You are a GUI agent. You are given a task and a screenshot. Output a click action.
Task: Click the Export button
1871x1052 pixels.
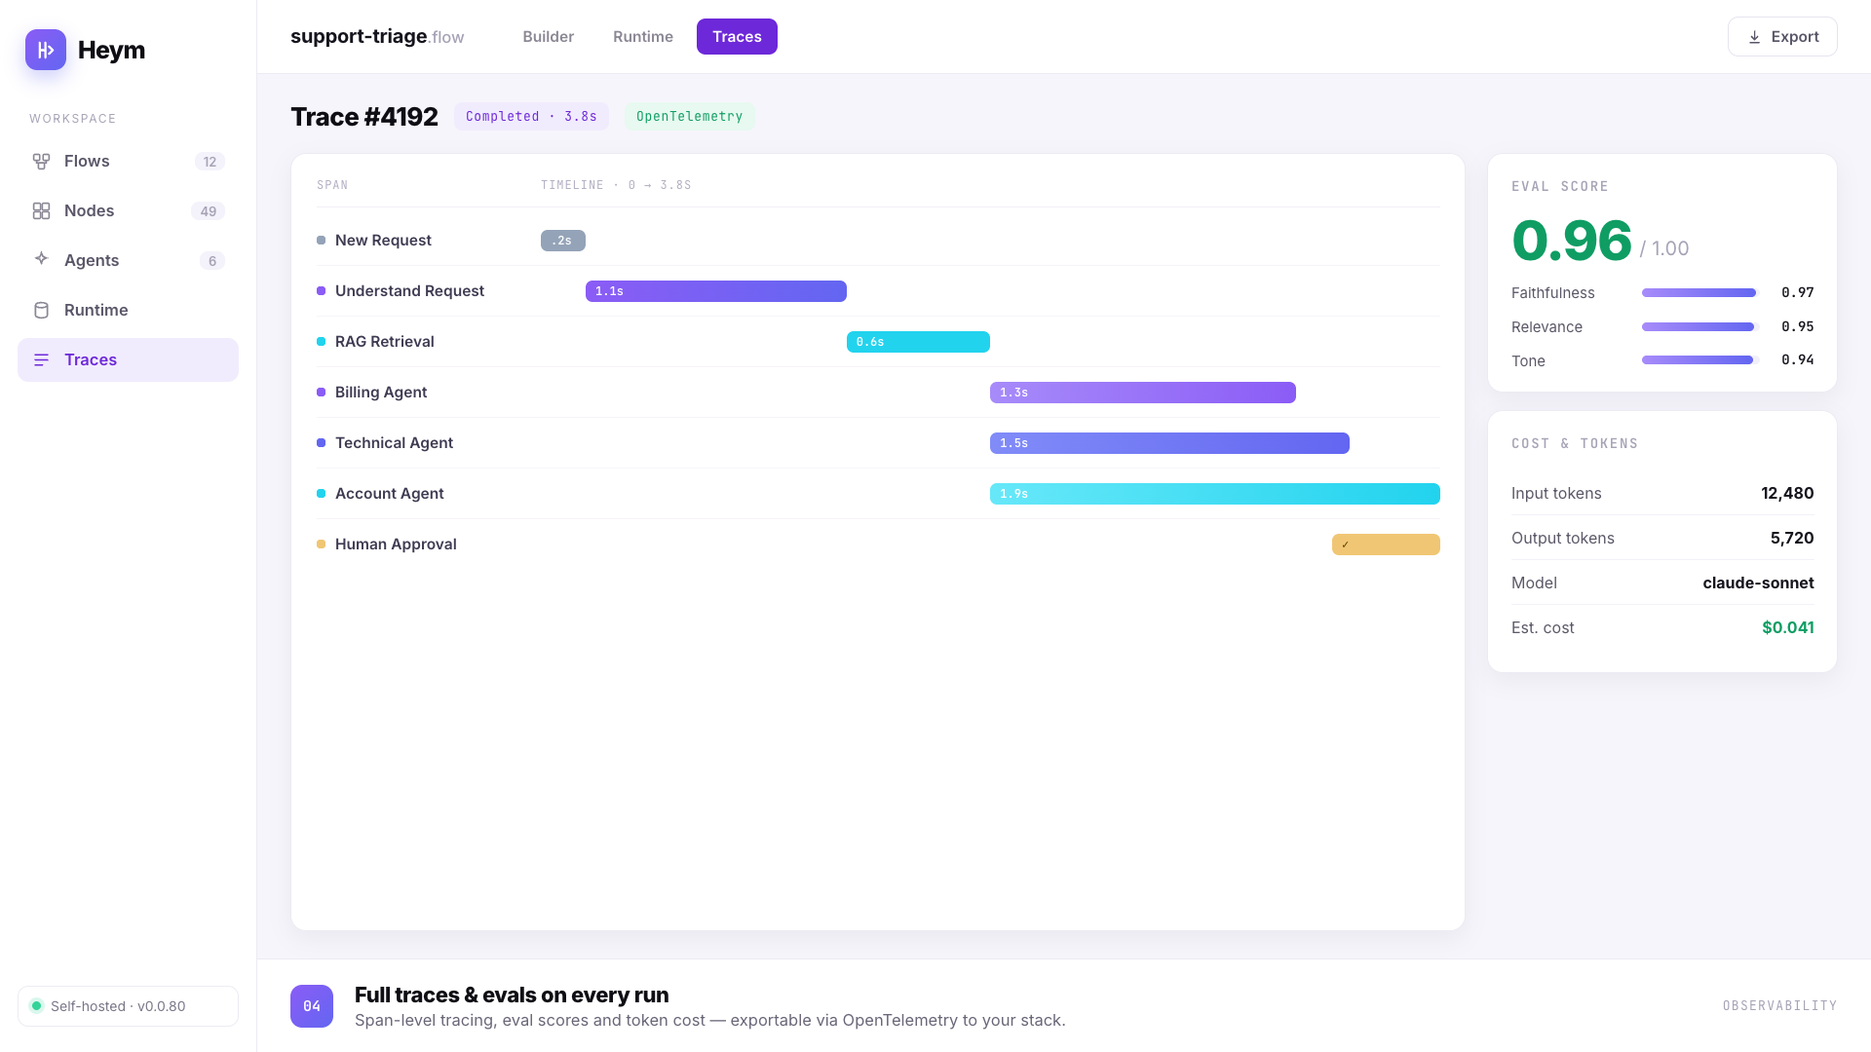tap(1782, 37)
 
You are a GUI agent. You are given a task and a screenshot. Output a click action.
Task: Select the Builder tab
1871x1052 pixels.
tap(548, 37)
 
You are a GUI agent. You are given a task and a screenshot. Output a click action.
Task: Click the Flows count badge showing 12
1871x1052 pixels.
tap(210, 162)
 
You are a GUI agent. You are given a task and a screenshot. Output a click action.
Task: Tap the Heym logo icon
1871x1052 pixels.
tap(46, 50)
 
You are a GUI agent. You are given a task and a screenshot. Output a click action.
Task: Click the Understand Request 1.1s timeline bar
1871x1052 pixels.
tap(716, 291)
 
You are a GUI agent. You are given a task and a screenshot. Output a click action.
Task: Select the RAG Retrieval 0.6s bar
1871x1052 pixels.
tap(918, 342)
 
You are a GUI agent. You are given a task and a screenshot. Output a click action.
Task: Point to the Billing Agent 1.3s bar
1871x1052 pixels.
tap(1143, 393)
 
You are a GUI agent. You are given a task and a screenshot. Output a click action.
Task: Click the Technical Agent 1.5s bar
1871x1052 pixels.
tap(1169, 443)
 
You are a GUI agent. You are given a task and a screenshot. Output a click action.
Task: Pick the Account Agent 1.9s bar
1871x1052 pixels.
tap(1215, 494)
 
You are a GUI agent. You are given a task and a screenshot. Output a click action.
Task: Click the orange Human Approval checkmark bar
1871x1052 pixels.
tap(1386, 545)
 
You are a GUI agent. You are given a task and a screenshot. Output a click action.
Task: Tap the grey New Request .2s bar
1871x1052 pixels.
tap(563, 241)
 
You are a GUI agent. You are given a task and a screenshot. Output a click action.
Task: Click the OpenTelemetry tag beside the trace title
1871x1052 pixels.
tap(690, 117)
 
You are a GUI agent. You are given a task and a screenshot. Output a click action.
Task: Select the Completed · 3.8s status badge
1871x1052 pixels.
tap(531, 117)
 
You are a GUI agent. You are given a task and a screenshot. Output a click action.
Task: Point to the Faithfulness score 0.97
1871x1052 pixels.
tap(1798, 292)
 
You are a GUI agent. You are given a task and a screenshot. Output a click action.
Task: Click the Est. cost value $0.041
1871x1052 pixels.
tap(1788, 627)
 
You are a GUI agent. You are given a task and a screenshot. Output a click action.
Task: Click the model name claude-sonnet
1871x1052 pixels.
tap(1758, 582)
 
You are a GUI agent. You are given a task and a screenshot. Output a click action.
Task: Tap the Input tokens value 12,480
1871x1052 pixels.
tap(1787, 493)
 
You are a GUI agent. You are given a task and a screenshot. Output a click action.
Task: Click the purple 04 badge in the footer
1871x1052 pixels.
tap(312, 1006)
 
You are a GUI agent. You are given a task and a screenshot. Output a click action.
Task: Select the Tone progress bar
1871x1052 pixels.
tap(1699, 360)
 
